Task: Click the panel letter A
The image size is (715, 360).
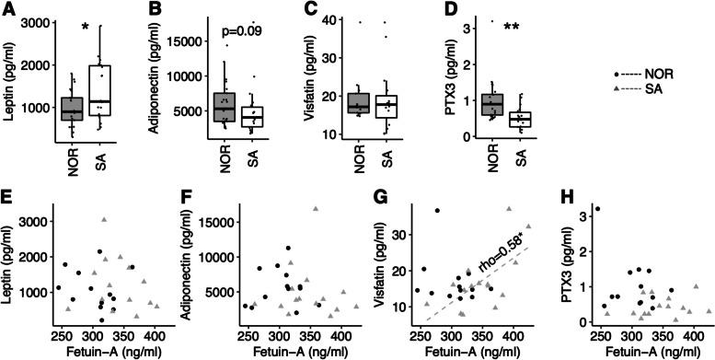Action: (x=8, y=9)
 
